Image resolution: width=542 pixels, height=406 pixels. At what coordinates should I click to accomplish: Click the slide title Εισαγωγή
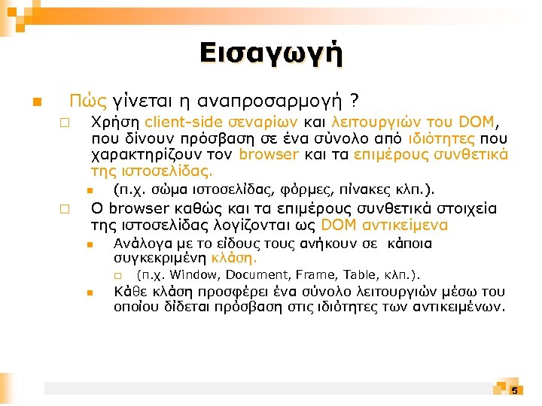[x=271, y=53]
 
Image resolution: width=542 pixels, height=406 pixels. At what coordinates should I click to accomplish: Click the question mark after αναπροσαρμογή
[x=354, y=100]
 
